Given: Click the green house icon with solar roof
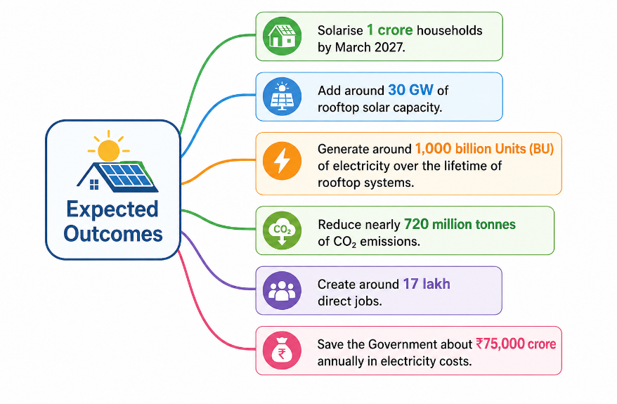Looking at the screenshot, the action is pos(282,37).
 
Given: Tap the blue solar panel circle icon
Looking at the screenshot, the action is pos(282,96).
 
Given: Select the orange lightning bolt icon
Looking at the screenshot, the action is pos(282,161).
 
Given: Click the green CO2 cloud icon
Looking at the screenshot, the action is pos(282,230).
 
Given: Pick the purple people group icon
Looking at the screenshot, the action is pos(282,291).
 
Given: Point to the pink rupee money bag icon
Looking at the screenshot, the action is pos(282,351).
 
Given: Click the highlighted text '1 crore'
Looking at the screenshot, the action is pos(390,30).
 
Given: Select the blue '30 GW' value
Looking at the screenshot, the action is pos(411,90).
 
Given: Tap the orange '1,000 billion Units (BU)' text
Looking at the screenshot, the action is pos(484,149).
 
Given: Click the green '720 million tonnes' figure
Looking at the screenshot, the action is pos(460,224).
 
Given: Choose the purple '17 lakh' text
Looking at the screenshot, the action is pos(427,284).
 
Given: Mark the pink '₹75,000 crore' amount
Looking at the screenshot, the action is pos(516,344).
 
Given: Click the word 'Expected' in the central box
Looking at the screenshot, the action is pos(112,209).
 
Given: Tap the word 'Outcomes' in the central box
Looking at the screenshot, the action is pos(113,234).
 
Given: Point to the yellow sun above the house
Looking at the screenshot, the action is pos(109,149).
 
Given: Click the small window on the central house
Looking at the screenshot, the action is pos(94,185).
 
